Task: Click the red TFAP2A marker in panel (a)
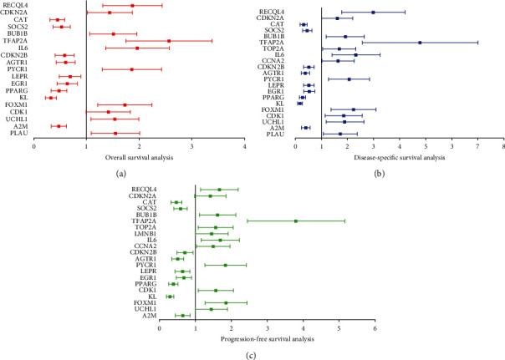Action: pyautogui.click(x=169, y=41)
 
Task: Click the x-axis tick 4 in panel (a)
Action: pyautogui.click(x=244, y=146)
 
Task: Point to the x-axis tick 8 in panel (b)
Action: pyautogui.click(x=502, y=146)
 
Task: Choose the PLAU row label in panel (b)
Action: pyautogui.click(x=276, y=134)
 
